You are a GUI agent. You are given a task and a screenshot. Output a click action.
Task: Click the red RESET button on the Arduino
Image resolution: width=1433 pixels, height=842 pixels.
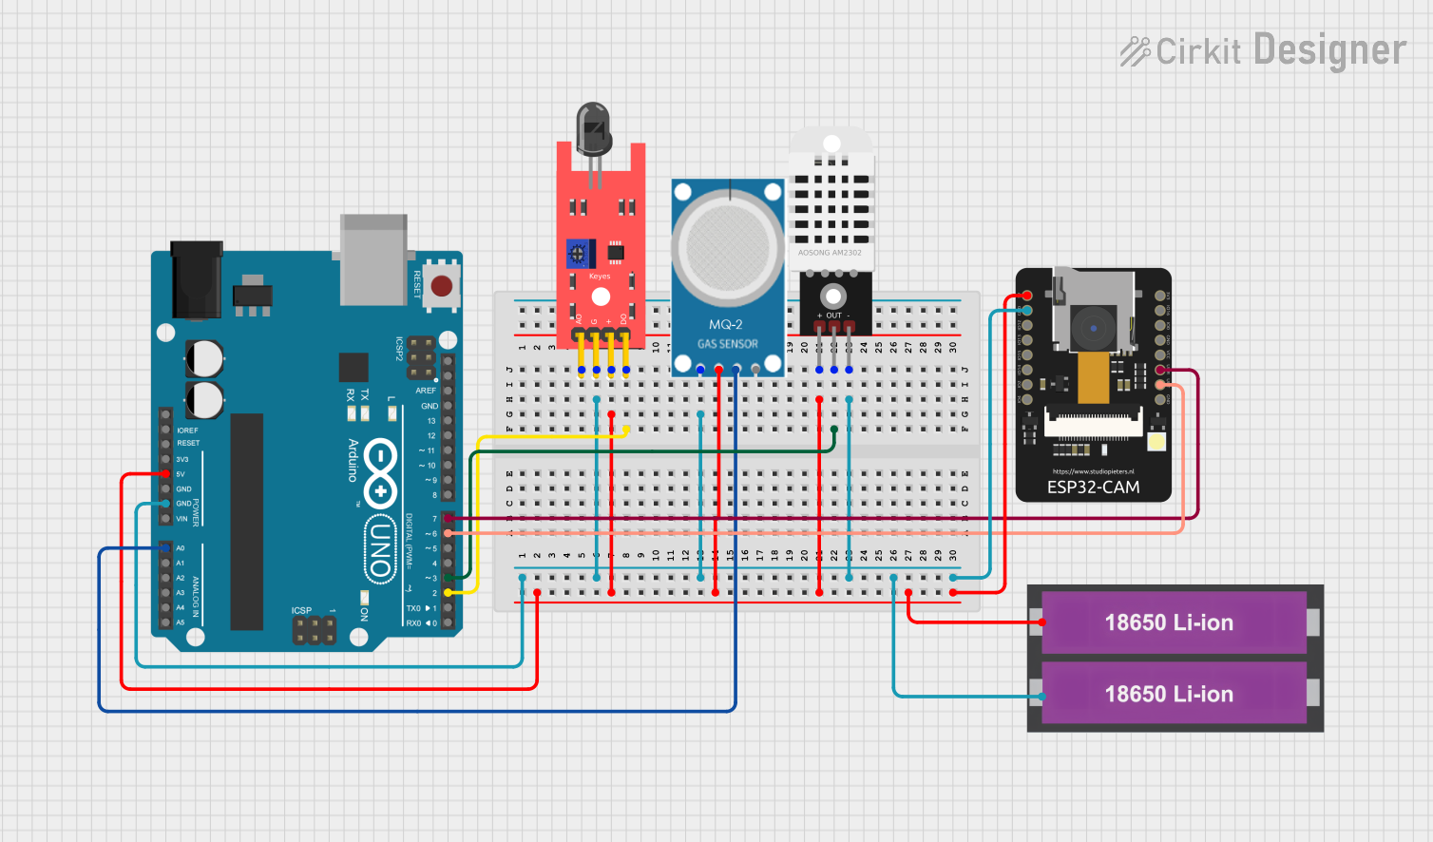442,285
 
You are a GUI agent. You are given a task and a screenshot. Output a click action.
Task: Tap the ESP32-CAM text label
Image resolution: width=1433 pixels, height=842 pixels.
1093,488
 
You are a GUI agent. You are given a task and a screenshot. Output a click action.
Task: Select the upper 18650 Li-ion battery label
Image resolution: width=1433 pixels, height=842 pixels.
1169,622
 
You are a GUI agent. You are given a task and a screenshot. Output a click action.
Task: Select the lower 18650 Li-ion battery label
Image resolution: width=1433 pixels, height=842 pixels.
1169,694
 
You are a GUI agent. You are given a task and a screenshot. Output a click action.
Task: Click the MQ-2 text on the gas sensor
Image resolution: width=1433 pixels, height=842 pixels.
726,325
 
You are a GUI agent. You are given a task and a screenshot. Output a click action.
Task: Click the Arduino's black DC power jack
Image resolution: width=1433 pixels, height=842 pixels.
196,280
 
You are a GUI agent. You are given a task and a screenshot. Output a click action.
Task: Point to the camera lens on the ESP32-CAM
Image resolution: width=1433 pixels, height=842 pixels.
1093,329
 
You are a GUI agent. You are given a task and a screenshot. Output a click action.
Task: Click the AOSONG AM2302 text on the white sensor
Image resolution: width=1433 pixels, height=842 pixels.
830,253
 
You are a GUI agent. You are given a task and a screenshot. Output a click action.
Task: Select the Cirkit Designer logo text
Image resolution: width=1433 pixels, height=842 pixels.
1264,50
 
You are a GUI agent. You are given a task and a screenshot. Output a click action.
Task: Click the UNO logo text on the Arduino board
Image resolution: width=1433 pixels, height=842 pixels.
380,550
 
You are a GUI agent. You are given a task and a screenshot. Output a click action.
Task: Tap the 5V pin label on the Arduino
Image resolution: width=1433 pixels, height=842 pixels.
181,474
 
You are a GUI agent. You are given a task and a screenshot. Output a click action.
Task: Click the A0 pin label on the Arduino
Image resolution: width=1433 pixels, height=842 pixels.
181,548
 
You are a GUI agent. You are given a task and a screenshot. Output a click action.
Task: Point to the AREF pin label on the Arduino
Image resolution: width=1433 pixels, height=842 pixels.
426,391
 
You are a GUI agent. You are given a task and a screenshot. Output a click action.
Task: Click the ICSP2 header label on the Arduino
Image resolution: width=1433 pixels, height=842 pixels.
400,349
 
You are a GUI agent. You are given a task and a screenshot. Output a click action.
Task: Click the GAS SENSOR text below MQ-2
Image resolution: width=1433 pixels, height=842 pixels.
728,344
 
